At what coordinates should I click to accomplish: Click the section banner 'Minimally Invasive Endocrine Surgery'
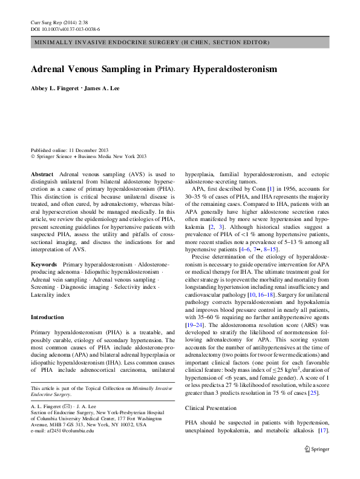(151, 42)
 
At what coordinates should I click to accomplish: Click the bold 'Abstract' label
(42, 174)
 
